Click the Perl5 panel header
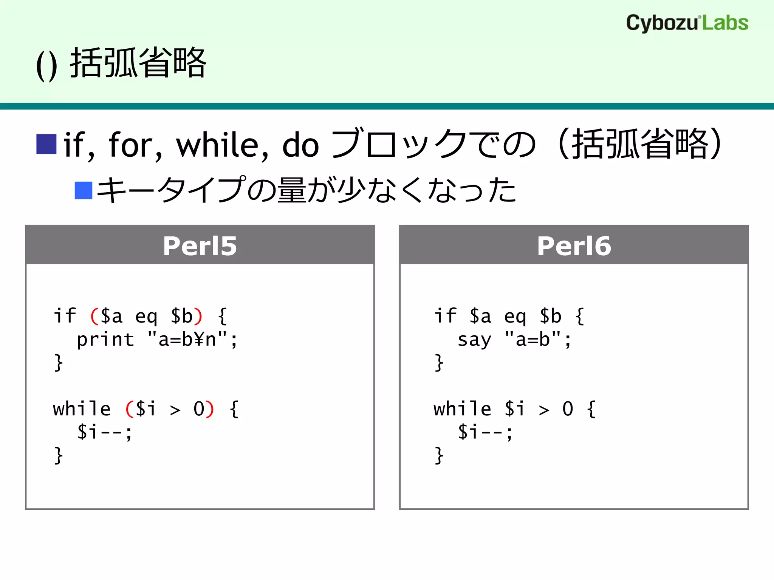[x=200, y=245]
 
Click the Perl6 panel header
[x=574, y=245]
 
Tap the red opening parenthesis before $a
[x=94, y=316]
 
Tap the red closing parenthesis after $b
[x=198, y=316]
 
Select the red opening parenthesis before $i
[x=129, y=409]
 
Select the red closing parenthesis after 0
[x=210, y=409]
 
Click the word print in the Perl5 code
[x=105, y=339]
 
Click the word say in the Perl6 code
[x=474, y=339]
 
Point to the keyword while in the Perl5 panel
[x=82, y=409]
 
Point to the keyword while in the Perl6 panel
[x=463, y=409]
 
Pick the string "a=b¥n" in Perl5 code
[x=187, y=339]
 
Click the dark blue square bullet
[x=46, y=144]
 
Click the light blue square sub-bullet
[x=84, y=190]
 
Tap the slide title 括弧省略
[x=138, y=63]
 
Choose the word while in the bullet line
[x=222, y=145]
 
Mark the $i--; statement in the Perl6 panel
[x=485, y=432]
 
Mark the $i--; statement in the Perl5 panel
[x=105, y=432]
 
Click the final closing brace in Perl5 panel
[x=58, y=455]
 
